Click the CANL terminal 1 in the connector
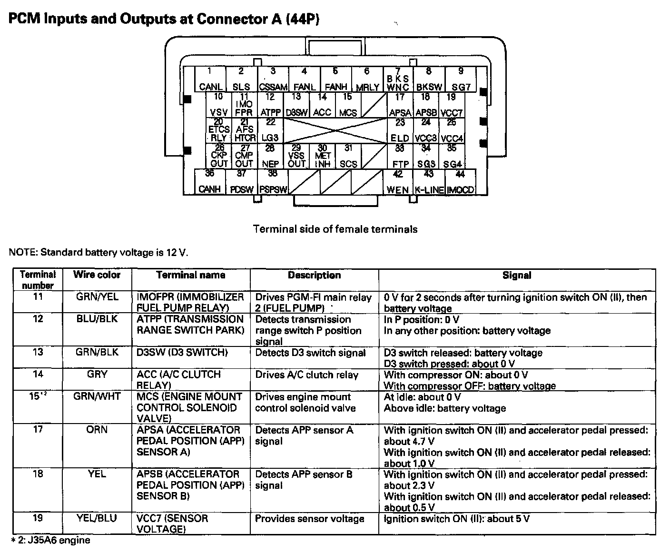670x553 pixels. click(x=210, y=79)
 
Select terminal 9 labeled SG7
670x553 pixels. click(x=461, y=79)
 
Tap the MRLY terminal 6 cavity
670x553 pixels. click(x=367, y=79)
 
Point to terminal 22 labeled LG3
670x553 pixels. click(x=270, y=131)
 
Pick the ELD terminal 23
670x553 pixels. click(x=400, y=131)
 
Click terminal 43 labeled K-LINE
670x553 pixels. click(x=429, y=182)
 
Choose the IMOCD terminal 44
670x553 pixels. click(x=460, y=182)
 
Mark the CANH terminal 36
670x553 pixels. click(x=210, y=182)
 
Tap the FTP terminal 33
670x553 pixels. click(x=400, y=157)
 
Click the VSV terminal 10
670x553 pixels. click(x=218, y=105)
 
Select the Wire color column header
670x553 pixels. click(x=97, y=275)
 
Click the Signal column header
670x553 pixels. click(x=517, y=276)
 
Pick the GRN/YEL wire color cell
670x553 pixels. click(x=97, y=297)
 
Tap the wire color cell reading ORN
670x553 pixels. click(x=97, y=430)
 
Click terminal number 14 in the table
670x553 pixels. click(x=38, y=375)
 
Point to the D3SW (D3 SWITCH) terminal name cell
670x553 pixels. click(x=182, y=353)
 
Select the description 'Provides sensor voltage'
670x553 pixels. click(x=310, y=519)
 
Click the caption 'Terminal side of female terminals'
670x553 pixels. click(x=335, y=229)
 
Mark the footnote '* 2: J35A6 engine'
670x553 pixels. click(x=50, y=541)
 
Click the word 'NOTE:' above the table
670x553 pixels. click(x=23, y=252)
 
